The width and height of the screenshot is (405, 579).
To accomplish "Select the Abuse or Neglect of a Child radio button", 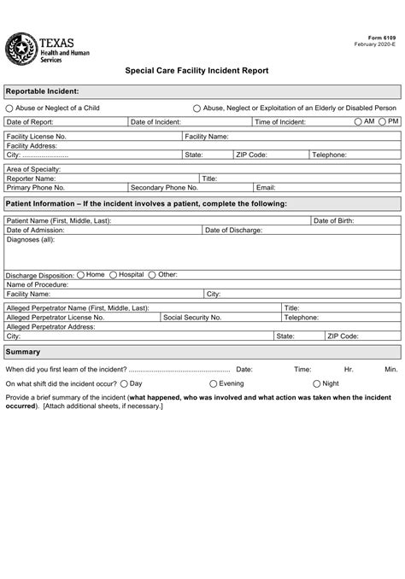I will pyautogui.click(x=9, y=108).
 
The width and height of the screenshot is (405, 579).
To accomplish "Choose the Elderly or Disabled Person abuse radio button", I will pyautogui.click(x=197, y=108).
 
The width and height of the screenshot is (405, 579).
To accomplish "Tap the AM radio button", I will pyautogui.click(x=358, y=122).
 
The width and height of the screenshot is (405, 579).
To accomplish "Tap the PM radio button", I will pyautogui.click(x=382, y=122).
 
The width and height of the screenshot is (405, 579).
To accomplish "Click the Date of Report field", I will pyautogui.click(x=90, y=123).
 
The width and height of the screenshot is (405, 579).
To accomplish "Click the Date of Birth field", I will pyautogui.click(x=355, y=220).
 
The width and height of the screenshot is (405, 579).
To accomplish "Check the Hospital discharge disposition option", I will pyautogui.click(x=113, y=275).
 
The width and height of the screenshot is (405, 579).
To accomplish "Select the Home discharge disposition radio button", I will pyautogui.click(x=80, y=275).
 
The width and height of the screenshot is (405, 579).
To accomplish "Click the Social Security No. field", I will pyautogui.click(x=252, y=317).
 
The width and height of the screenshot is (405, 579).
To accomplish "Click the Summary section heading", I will pyautogui.click(x=23, y=352).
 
